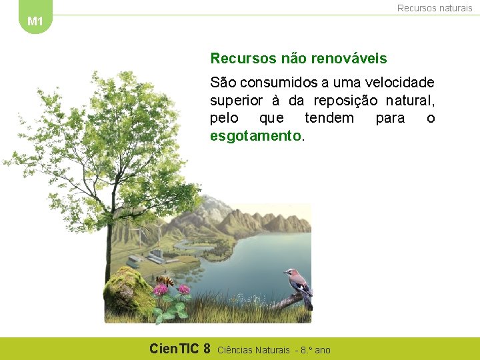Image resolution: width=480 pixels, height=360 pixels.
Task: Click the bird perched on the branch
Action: [298, 285]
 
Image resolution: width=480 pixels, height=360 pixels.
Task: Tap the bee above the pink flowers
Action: [165, 281]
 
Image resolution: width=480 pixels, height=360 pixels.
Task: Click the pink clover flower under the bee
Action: [160, 290]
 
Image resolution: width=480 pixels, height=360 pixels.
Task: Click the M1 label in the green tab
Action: [35, 21]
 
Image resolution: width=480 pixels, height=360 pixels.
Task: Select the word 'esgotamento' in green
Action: [256, 136]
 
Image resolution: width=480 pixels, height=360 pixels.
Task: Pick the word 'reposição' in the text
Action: [351, 101]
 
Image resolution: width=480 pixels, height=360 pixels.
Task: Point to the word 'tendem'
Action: [329, 118]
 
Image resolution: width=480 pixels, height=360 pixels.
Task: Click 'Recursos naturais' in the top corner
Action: [435, 8]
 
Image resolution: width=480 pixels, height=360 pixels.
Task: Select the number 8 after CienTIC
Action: [207, 348]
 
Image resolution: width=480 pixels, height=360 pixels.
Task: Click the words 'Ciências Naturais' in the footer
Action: [254, 349]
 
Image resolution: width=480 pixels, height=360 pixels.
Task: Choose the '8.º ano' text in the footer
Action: [315, 349]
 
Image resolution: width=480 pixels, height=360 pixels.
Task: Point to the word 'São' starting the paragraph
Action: [222, 83]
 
